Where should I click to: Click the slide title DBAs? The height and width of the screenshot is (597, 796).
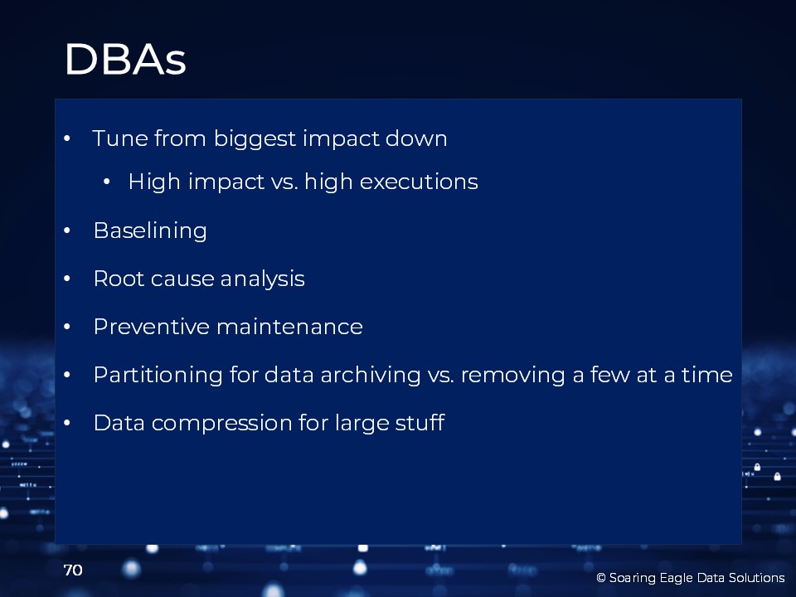[x=125, y=60]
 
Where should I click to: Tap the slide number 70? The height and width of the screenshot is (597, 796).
[x=73, y=570]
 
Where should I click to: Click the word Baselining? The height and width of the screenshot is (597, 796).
[x=150, y=231]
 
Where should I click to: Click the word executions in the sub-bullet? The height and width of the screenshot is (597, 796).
[x=419, y=182]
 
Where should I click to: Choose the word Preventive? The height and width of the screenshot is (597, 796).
[x=151, y=327]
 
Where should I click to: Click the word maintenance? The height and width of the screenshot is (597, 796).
[x=290, y=327]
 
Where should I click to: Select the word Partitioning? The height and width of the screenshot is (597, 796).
[x=158, y=375]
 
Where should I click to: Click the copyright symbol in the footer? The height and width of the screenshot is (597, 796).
[x=601, y=578]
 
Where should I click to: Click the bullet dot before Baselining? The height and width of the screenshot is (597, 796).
[x=67, y=231]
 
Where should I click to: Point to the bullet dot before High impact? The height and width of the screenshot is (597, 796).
[x=107, y=182]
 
